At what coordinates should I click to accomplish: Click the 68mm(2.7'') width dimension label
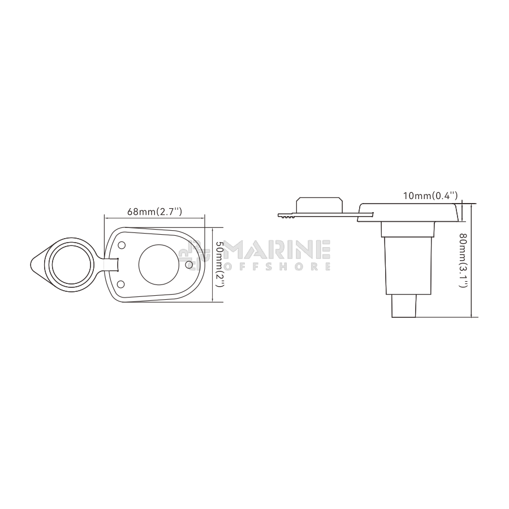[x=154, y=212]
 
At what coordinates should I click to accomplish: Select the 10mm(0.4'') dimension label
[x=430, y=196]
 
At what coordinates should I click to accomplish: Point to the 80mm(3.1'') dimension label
[x=463, y=260]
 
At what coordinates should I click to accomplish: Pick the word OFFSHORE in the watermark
[x=278, y=266]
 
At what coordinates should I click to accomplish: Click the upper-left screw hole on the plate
[x=122, y=245]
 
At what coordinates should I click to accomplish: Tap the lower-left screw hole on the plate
[x=120, y=284]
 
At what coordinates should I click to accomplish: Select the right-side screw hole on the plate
[x=189, y=265]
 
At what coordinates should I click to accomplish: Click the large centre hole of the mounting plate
[x=159, y=265]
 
